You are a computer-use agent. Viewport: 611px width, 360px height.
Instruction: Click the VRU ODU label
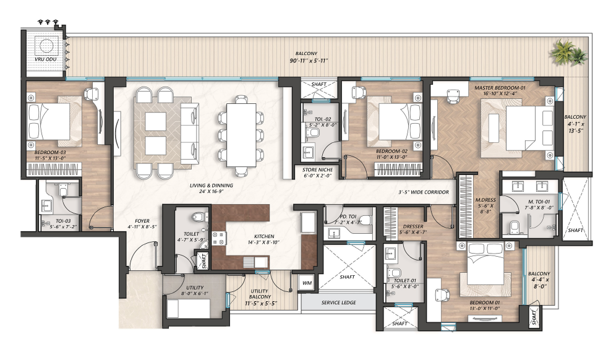pyautogui.click(x=45, y=59)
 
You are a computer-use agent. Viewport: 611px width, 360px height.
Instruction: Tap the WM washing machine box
pyautogui.click(x=307, y=283)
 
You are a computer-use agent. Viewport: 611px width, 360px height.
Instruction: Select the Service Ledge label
pyautogui.click(x=339, y=302)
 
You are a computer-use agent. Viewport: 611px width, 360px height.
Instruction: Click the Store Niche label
pyautogui.click(x=318, y=170)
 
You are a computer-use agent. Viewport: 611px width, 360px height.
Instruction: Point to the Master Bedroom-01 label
pyautogui.click(x=500, y=88)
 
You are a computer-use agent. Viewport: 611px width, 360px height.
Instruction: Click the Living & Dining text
pyautogui.click(x=211, y=186)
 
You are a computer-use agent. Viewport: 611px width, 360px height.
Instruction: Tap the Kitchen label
pyautogui.click(x=264, y=236)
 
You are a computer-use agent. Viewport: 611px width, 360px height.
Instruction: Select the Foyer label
pyautogui.click(x=142, y=221)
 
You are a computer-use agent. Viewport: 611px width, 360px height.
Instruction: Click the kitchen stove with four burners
pyautogui.click(x=219, y=238)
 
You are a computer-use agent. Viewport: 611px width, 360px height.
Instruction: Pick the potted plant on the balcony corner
pyautogui.click(x=567, y=53)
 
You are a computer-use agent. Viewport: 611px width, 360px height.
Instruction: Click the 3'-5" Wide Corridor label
pyautogui.click(x=424, y=192)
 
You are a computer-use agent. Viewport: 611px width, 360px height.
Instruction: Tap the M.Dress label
pyautogui.click(x=485, y=200)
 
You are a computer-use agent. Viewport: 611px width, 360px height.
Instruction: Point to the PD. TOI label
pyautogui.click(x=348, y=216)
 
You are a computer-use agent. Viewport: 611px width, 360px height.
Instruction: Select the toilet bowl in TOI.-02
pyautogui.click(x=312, y=133)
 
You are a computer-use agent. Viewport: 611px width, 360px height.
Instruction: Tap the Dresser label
pyautogui.click(x=413, y=226)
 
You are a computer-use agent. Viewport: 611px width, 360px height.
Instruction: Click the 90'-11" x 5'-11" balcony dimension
pyautogui.click(x=306, y=61)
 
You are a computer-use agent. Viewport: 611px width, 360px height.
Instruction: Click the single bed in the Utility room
pyautogui.click(x=189, y=308)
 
